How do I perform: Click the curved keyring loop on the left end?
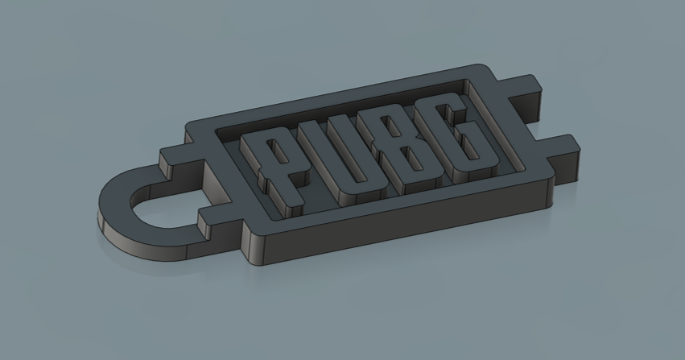tap(121, 217)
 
